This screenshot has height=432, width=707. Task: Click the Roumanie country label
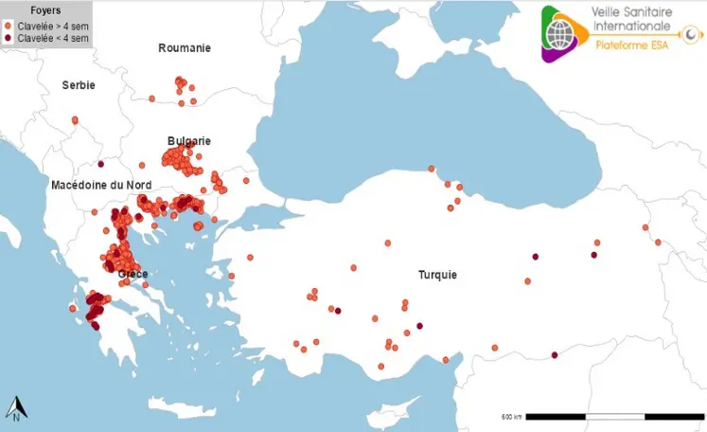[185, 48]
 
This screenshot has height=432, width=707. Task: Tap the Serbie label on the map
[79, 85]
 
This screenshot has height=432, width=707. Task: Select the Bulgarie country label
[189, 140]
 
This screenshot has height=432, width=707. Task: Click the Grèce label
[133, 274]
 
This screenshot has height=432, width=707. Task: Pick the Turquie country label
[437, 275]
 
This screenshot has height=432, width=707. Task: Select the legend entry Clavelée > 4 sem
[51, 26]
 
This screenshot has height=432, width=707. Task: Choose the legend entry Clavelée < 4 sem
[51, 38]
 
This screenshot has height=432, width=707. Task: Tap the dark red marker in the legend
[9, 38]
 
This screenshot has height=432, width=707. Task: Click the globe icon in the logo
[564, 32]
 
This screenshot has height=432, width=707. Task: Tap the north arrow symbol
[16, 408]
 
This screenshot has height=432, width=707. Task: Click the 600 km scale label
[511, 417]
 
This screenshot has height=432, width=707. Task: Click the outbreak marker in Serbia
[75, 120]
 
